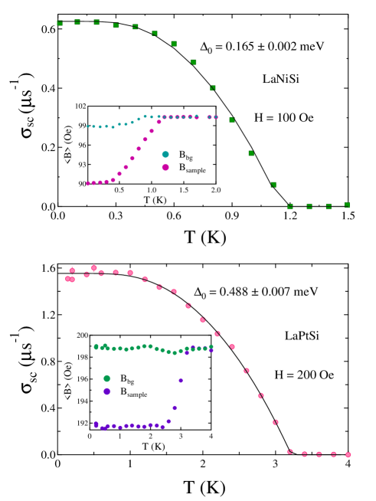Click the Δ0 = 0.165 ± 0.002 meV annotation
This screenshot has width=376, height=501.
262,47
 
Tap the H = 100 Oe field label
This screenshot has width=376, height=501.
283,118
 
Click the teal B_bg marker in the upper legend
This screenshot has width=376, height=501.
165,154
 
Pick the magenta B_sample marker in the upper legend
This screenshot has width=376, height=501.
165,167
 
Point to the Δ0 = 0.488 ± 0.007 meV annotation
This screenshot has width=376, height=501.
256,292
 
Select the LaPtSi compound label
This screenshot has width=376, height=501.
302,336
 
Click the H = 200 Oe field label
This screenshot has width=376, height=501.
304,375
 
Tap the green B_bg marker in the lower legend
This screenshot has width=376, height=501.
106,378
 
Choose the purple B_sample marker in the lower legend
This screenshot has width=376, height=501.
106,391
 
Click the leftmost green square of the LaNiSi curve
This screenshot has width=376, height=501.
60,23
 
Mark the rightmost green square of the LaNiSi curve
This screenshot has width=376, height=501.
347,205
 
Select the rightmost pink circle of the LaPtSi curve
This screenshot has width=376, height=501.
348,454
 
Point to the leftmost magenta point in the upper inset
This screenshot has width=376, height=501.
88,183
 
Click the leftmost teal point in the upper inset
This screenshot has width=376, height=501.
88,126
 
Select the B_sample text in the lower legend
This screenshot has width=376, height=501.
133,392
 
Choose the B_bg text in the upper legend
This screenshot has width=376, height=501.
187,155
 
